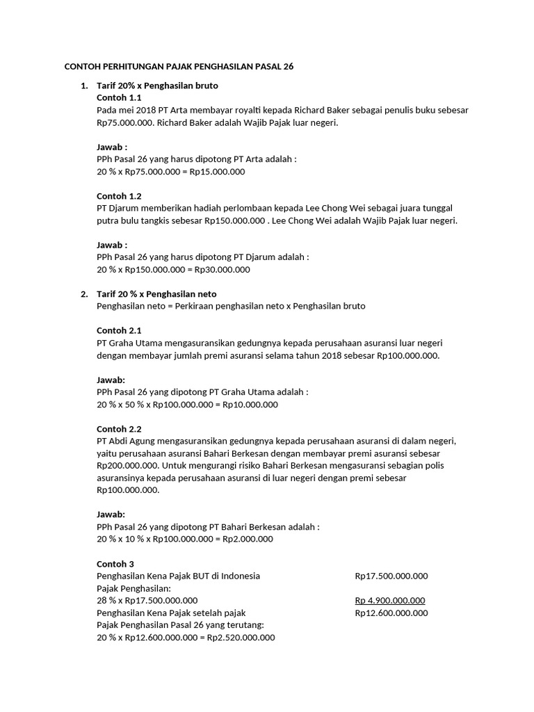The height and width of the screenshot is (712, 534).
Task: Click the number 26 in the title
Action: [x=288, y=67]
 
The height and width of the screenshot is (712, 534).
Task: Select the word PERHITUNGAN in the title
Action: [x=129, y=67]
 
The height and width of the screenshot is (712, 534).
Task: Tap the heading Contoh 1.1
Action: [x=120, y=97]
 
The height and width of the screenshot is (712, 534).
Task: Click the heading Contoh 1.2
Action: [x=120, y=196]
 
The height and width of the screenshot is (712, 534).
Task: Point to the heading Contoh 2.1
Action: [x=120, y=330]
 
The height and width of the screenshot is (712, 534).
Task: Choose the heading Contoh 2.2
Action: [x=120, y=429]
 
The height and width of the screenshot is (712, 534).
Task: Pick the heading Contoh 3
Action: [x=115, y=563]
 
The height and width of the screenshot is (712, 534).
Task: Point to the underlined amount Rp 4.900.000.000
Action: [x=390, y=601]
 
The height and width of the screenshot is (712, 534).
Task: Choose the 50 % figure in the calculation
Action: [x=135, y=404]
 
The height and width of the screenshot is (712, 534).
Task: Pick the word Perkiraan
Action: [x=191, y=306]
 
